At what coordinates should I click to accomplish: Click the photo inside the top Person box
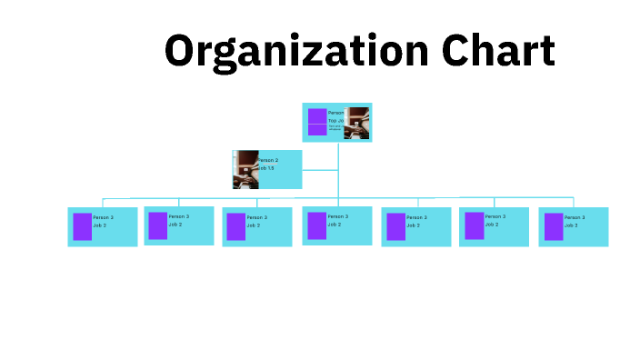[357, 123]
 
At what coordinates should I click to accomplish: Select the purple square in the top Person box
[316, 122]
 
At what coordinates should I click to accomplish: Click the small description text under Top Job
[335, 127]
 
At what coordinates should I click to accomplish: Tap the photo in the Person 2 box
[245, 169]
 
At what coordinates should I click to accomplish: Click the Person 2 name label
[267, 160]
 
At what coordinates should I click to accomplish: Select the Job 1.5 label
[265, 168]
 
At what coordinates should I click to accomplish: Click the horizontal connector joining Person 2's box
[320, 169]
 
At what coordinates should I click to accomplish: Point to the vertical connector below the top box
[338, 173]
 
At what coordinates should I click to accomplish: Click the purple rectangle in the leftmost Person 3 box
[82, 226]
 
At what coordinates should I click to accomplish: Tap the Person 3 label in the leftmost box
[103, 217]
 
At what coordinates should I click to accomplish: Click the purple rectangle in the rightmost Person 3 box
[553, 226]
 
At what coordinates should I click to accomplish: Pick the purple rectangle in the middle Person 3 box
[316, 225]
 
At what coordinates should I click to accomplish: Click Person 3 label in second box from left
[179, 216]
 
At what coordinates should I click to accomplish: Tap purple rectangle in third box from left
[235, 226]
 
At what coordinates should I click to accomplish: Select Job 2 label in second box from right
[494, 224]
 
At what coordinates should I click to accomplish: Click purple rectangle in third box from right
[395, 226]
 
